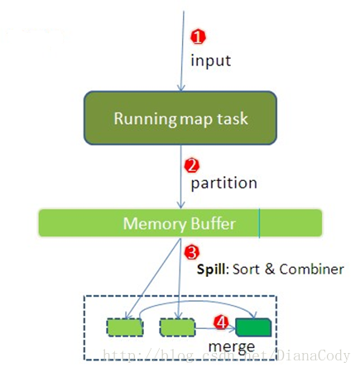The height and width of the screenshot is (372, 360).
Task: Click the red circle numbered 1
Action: click(x=197, y=37)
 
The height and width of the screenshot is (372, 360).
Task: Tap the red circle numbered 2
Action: click(x=192, y=164)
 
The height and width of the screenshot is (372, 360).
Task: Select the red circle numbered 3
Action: click(x=191, y=250)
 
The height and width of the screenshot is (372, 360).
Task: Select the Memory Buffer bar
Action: click(x=180, y=223)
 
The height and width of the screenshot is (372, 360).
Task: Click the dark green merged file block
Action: click(x=253, y=327)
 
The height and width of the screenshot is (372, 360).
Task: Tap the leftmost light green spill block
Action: click(x=125, y=327)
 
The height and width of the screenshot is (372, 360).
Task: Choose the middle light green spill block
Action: click(x=176, y=327)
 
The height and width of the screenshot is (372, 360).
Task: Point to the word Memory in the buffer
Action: click(x=152, y=223)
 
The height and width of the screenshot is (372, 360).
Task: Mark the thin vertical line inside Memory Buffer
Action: click(x=259, y=223)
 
